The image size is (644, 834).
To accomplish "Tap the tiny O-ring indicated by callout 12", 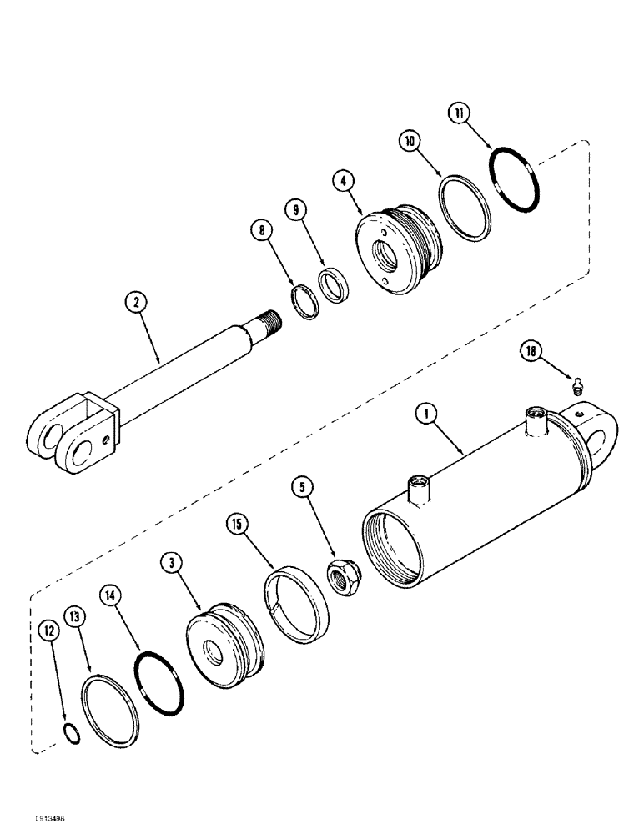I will pos(72,733).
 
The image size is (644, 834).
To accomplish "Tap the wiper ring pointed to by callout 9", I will pos(335,285).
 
